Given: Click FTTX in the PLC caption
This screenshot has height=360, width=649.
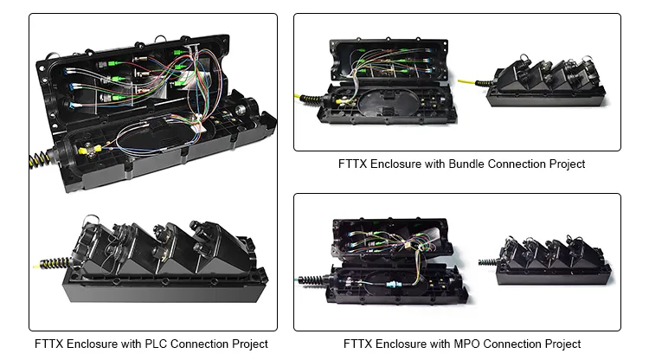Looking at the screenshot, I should coord(49,344).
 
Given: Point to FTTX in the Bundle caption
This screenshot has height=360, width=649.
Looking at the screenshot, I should coord(354,164).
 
